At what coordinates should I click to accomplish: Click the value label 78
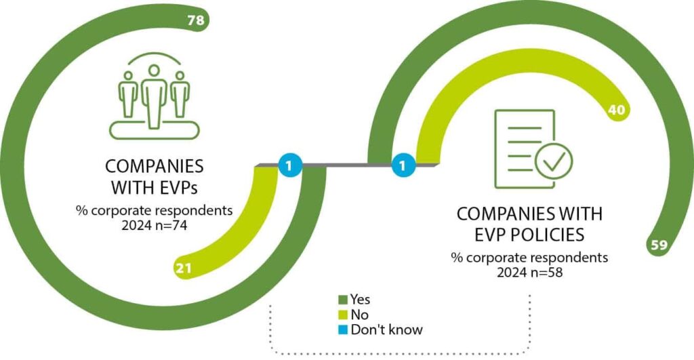196,20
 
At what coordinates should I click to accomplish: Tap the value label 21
184,268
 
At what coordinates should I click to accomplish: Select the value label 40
617,109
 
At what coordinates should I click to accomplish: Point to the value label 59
659,245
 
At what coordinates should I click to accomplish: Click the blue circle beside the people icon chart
289,167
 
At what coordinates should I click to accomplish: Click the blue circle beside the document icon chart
403,167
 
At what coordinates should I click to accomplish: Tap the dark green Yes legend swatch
343,300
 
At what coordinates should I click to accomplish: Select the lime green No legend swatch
343,315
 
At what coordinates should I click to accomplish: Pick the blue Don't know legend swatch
343,330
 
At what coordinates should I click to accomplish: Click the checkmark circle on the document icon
554,161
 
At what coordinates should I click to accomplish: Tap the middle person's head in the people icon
154,71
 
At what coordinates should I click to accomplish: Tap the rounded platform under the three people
155,130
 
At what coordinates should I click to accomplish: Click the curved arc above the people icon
155,55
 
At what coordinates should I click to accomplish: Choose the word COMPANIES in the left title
155,167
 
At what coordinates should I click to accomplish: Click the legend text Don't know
387,330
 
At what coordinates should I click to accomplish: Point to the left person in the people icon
128,94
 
